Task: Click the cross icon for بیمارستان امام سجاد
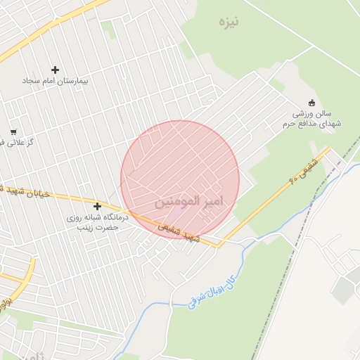pyautogui.click(x=56, y=70)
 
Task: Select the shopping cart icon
pyautogui.click(x=13, y=132)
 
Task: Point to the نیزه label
pyautogui.click(x=229, y=22)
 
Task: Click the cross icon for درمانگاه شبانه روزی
pyautogui.click(x=97, y=207)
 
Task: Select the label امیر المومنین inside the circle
pyautogui.click(x=188, y=201)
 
